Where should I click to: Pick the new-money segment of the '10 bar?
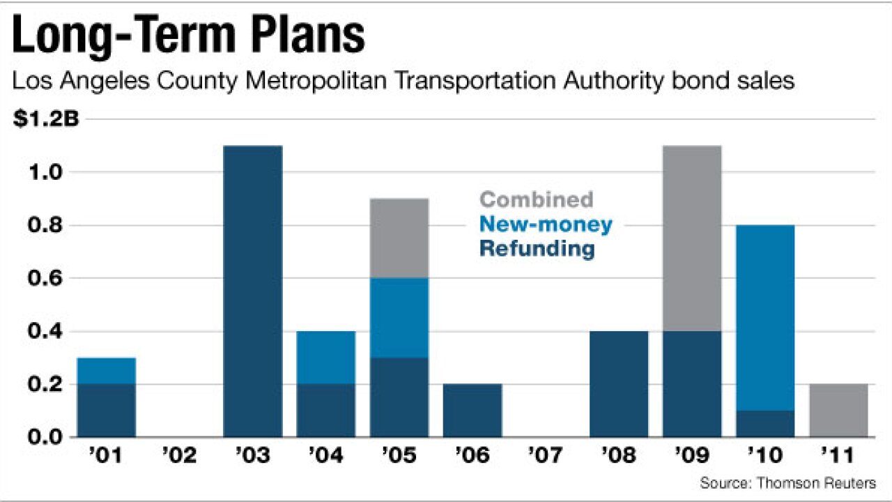(x=765, y=317)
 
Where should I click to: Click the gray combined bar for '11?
(x=838, y=410)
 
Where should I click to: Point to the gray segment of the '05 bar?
(x=399, y=238)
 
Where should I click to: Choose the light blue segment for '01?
(x=107, y=370)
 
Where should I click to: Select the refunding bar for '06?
(x=472, y=410)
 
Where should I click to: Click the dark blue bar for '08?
(x=619, y=383)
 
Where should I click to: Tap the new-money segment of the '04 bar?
(x=326, y=357)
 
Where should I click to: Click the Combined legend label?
(x=537, y=199)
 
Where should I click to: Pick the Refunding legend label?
(x=537, y=249)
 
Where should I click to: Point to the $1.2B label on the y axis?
(x=47, y=120)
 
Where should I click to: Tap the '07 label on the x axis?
(x=545, y=457)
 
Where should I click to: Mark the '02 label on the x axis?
(x=179, y=457)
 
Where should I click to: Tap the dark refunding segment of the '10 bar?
(x=765, y=423)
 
